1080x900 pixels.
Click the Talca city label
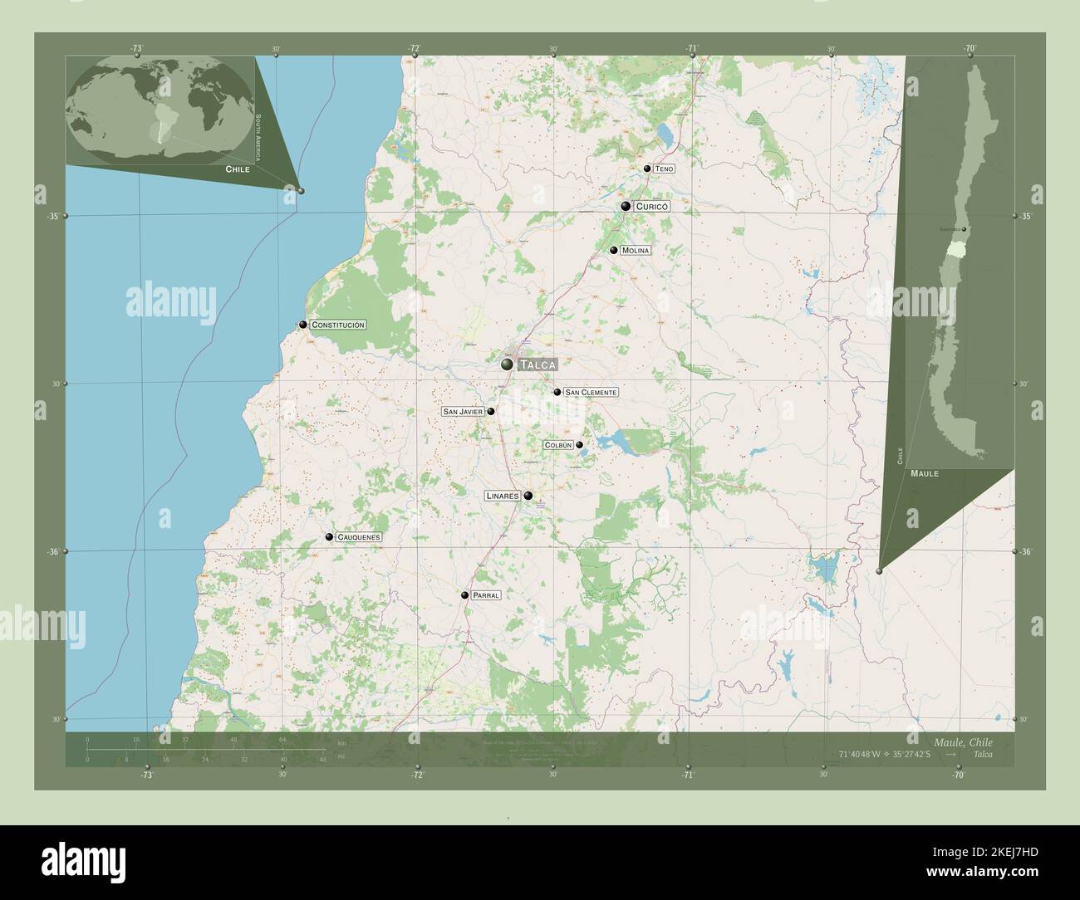click(537, 364)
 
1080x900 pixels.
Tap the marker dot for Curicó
click(626, 206)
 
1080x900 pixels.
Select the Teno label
click(664, 169)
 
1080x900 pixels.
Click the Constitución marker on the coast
click(303, 325)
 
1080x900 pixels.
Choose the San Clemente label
click(591, 392)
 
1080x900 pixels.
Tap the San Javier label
click(463, 411)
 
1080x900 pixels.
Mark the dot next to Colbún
click(580, 444)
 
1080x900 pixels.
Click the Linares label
click(502, 496)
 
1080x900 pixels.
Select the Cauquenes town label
click(358, 537)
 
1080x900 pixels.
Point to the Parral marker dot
click(465, 594)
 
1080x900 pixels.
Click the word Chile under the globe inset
click(238, 169)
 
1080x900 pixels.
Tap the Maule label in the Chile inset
click(925, 473)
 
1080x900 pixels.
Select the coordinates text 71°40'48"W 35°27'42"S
click(889, 754)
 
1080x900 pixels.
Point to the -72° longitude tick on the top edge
click(413, 48)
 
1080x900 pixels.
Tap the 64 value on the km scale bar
click(283, 739)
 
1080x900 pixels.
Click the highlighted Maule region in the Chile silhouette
click(958, 247)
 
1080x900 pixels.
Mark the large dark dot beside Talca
click(507, 364)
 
